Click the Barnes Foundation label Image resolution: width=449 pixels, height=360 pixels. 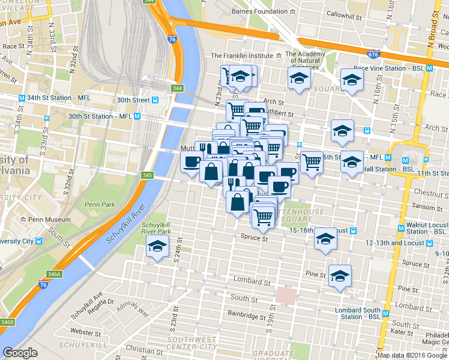pyautogui.click(x=260, y=11)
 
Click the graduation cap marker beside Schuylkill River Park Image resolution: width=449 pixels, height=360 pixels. pyautogui.click(x=158, y=245)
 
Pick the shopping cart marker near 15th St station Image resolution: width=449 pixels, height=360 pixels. pyautogui.click(x=312, y=161)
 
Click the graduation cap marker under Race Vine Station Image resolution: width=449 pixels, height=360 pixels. pyautogui.click(x=352, y=79)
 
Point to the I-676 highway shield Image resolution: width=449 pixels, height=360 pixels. pyautogui.click(x=373, y=55)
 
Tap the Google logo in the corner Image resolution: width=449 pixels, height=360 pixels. pyautogui.click(x=20, y=353)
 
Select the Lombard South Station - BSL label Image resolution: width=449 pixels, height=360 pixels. pyautogui.click(x=358, y=314)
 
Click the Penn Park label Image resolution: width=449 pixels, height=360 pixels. pyautogui.click(x=100, y=205)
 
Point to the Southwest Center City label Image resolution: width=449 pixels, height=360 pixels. pyautogui.click(x=191, y=343)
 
